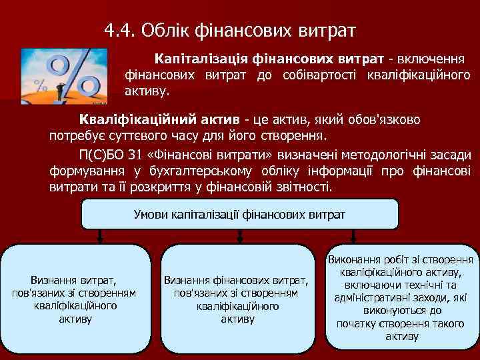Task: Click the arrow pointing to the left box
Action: [100, 237]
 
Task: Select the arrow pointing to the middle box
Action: [239, 237]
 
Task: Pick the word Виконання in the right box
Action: [353, 260]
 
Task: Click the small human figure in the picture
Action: [60, 91]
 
